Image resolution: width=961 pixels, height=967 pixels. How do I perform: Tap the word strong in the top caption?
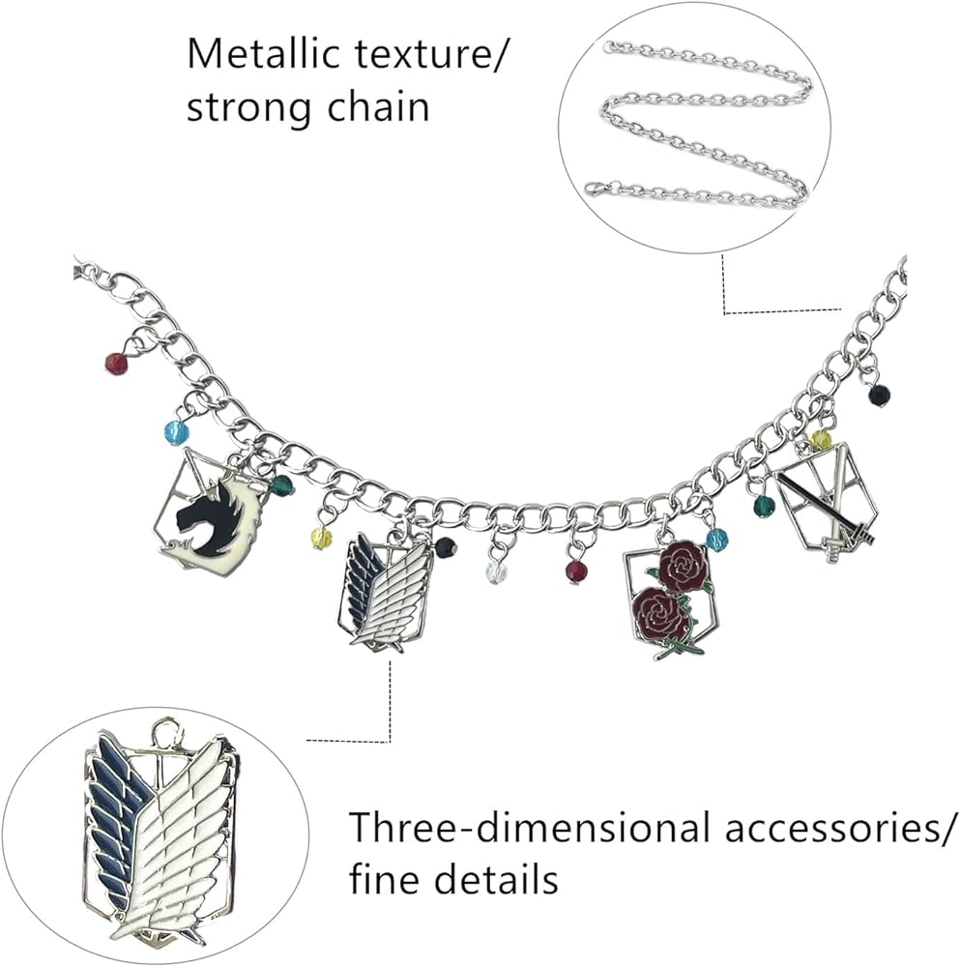[x=245, y=106]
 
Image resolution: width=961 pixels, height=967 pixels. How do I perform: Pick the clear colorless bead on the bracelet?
[x=496, y=571]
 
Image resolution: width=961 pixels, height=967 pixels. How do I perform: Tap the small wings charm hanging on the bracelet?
[x=386, y=593]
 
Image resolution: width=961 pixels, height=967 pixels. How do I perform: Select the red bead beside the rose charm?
[x=576, y=571]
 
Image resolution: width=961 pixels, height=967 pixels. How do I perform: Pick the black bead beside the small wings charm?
[x=445, y=548]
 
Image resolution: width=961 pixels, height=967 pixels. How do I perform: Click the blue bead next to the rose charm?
[x=716, y=539]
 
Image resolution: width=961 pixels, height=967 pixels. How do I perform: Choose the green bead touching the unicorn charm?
[x=282, y=485]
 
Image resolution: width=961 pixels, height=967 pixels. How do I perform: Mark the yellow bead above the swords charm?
[x=821, y=440]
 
